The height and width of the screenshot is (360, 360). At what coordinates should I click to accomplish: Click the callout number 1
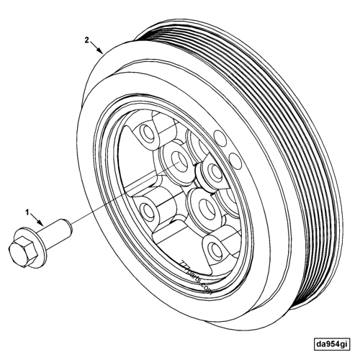point(28,212)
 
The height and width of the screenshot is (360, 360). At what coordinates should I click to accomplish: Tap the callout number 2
point(87,40)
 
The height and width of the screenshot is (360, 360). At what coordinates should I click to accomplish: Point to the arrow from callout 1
point(39,220)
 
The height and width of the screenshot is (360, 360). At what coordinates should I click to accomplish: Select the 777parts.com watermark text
point(194,278)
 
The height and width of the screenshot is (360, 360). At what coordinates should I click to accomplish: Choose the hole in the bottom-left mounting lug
point(150,210)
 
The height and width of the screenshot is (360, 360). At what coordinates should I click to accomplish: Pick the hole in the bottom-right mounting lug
point(214,248)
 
